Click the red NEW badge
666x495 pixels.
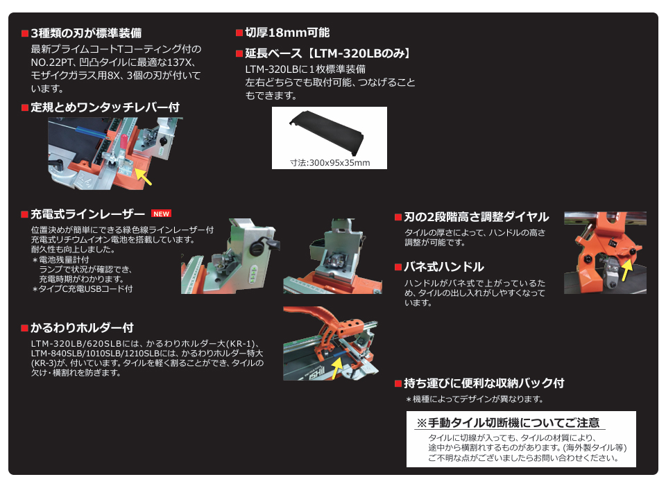click(x=161, y=214)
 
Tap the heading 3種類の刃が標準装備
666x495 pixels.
click(x=87, y=33)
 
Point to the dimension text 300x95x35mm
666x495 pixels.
click(x=330, y=163)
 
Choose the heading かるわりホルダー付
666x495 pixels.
click(x=82, y=328)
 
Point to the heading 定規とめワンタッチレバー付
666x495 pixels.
click(x=105, y=107)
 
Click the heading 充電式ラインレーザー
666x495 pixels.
click(x=87, y=214)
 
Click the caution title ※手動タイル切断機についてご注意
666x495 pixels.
click(x=507, y=423)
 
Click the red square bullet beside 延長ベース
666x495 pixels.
click(x=239, y=53)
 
